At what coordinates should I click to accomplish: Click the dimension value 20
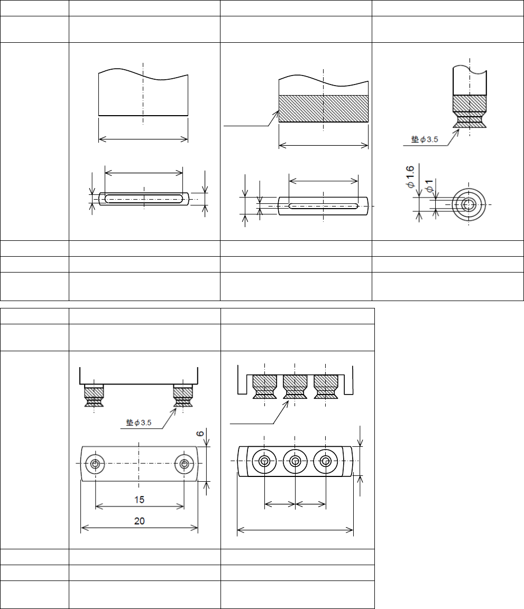pos(139,521)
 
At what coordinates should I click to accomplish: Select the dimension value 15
pos(139,499)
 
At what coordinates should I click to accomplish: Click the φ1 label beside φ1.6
pos(429,186)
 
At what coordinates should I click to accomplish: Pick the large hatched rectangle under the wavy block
pos(323,109)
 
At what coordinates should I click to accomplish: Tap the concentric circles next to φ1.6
pos(467,204)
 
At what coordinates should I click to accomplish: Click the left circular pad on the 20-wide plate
pos(95,464)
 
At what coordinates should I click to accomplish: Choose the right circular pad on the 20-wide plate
pos(184,464)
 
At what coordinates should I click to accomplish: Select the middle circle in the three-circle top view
pos(295,462)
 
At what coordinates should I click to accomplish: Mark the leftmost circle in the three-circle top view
pos(264,462)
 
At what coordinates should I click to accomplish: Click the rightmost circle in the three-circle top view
pos(326,462)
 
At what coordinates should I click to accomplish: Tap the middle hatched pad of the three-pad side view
pos(295,386)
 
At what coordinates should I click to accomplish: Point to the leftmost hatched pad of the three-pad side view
pos(264,386)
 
